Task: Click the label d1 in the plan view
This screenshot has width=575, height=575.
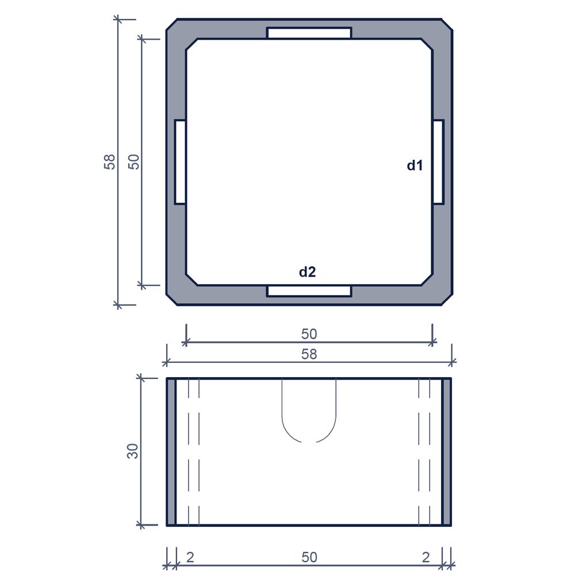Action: tap(415, 166)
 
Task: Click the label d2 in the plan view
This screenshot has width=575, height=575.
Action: tap(307, 272)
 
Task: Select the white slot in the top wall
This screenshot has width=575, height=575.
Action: tap(309, 33)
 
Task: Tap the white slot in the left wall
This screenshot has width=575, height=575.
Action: tap(180, 162)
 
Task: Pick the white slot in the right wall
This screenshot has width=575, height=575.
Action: tap(439, 162)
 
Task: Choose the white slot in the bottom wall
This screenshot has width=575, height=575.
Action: tap(309, 291)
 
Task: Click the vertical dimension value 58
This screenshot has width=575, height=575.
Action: tap(110, 162)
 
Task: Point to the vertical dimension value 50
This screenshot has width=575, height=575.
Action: tap(134, 162)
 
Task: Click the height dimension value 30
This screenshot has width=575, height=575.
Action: tap(133, 451)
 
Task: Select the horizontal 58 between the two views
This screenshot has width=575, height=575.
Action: tap(309, 354)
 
